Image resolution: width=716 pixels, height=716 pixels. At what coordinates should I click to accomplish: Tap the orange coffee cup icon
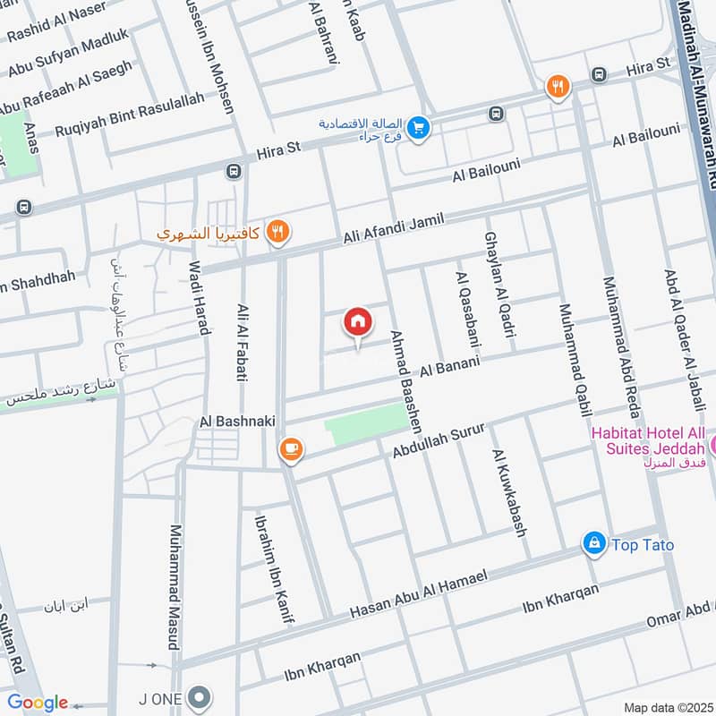(290, 449)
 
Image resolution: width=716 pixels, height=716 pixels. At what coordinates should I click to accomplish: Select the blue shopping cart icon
(418, 129)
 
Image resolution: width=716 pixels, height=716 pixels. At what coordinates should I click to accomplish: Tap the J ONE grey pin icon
(201, 695)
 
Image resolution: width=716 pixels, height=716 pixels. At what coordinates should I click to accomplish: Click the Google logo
(38, 703)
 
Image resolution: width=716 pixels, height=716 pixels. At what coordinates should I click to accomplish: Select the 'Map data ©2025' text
(667, 707)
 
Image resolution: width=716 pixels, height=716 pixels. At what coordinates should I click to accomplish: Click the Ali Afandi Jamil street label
(396, 227)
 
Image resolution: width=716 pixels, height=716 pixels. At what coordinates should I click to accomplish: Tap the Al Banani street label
(450, 365)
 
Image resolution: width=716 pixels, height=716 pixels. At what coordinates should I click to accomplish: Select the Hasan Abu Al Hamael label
(418, 593)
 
